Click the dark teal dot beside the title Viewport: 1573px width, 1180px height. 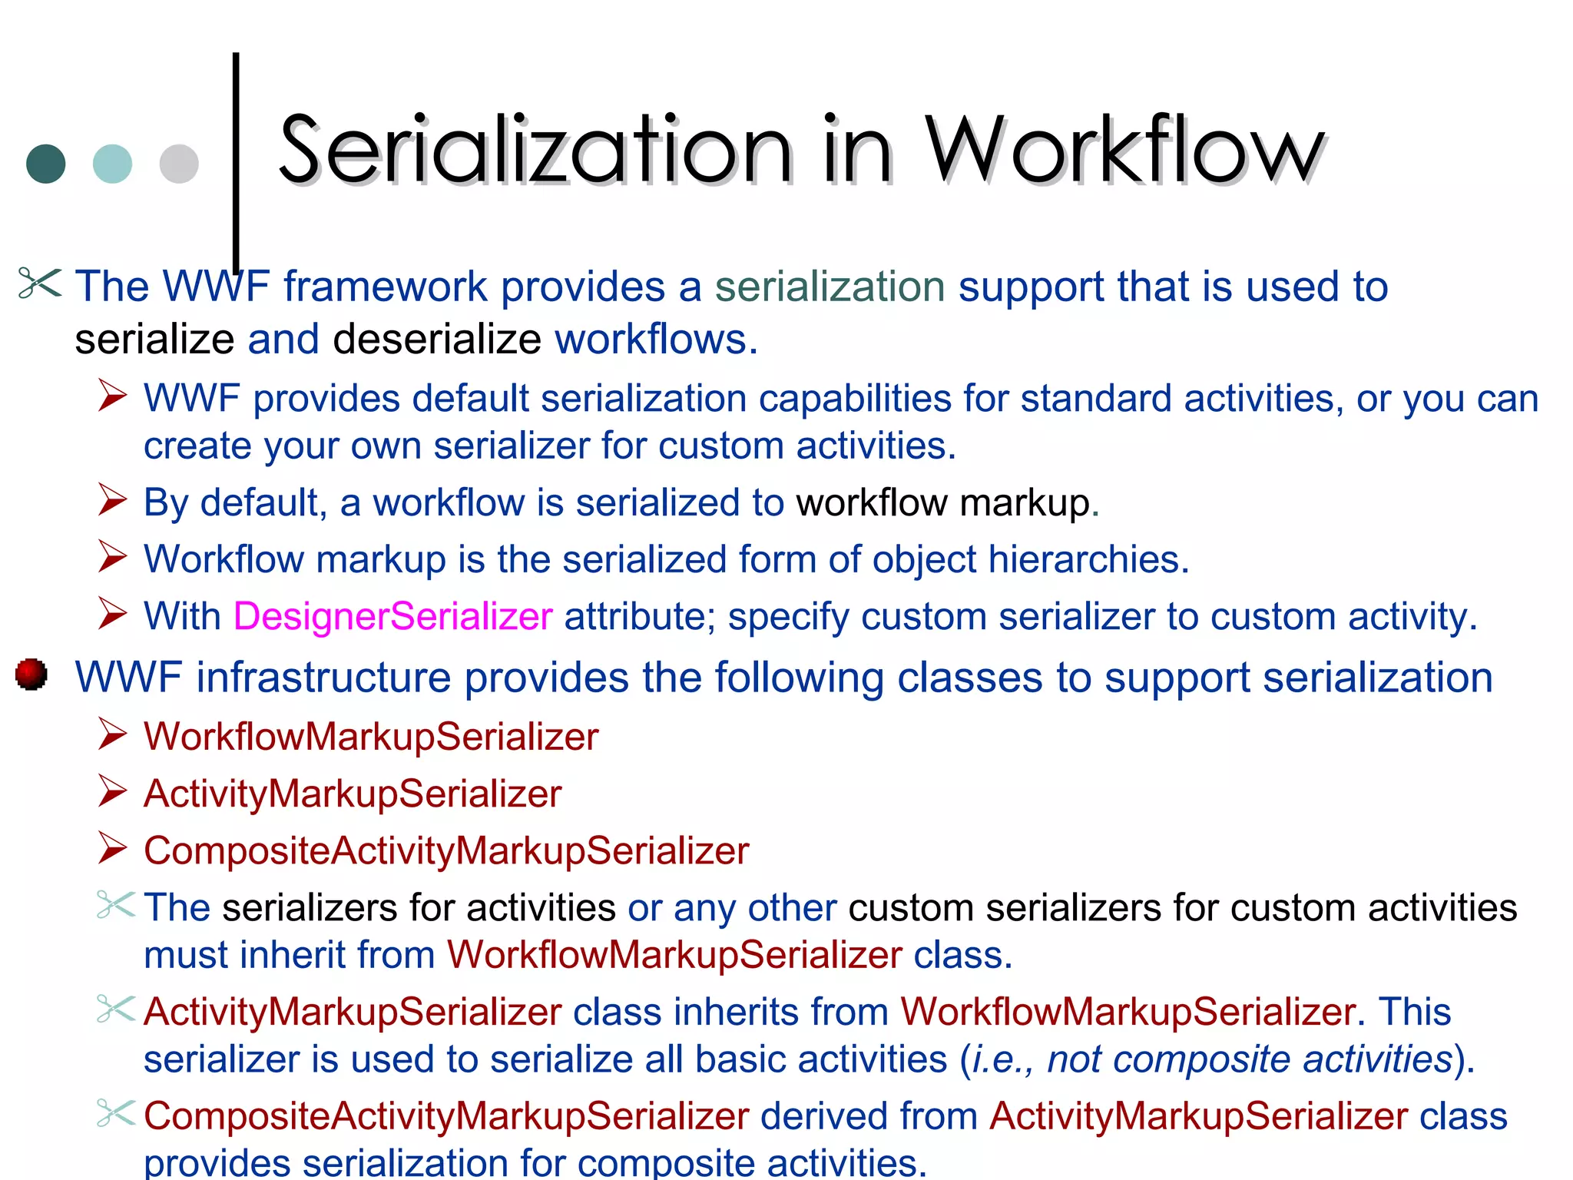click(46, 164)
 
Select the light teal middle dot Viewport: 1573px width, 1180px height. click(112, 164)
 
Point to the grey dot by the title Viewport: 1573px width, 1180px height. click(179, 164)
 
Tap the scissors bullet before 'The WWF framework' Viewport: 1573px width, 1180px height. click(39, 283)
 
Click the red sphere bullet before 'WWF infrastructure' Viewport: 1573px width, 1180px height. click(31, 675)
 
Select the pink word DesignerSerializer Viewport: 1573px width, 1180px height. click(392, 616)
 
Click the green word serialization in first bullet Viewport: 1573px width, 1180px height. click(830, 287)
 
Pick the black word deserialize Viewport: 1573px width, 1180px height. click(437, 339)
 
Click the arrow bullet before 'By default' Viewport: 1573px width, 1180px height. click(112, 500)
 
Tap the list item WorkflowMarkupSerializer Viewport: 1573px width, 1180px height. click(371, 736)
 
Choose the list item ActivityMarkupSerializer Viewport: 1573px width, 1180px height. click(353, 793)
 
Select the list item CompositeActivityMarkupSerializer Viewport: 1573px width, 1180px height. click(446, 850)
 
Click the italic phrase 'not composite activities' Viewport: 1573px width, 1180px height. click(1250, 1059)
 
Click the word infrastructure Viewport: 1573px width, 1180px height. click(323, 678)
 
